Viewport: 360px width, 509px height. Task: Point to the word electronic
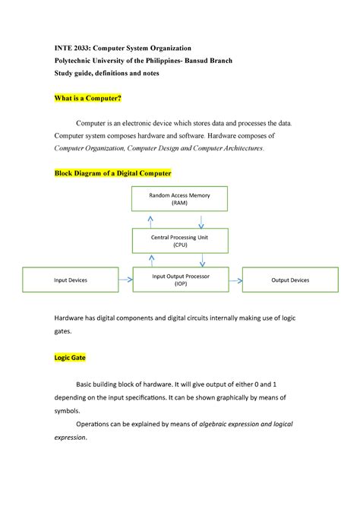(x=144, y=123)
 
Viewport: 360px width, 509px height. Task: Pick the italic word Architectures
(x=236, y=148)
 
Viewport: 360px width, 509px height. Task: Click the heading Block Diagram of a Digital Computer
(x=112, y=173)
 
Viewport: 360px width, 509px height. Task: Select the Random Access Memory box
(x=179, y=199)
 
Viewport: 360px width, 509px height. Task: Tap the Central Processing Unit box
(x=179, y=242)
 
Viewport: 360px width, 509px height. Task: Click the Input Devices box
(x=71, y=280)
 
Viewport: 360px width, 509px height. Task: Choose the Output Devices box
(x=289, y=280)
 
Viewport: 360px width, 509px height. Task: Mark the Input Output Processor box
(x=179, y=280)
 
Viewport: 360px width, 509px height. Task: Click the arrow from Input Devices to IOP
(x=125, y=280)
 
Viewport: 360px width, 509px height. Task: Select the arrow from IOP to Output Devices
(x=234, y=280)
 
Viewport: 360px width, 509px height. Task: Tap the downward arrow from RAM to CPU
(x=201, y=221)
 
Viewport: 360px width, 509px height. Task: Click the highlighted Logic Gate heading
(x=69, y=357)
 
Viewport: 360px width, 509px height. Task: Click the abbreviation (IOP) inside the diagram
(x=179, y=284)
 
